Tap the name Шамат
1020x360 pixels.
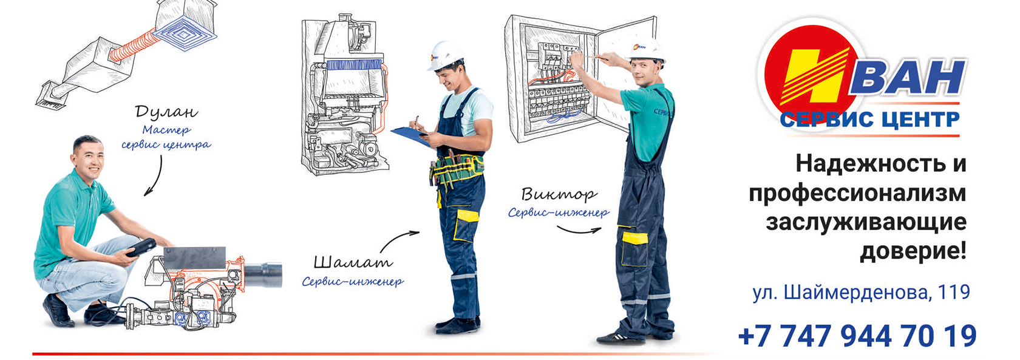(x=353, y=262)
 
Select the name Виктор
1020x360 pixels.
(x=559, y=194)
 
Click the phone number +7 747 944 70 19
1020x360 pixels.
(x=857, y=336)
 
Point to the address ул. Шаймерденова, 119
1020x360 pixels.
(x=861, y=292)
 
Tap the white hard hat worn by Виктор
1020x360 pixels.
(x=647, y=50)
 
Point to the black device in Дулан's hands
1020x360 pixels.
(x=141, y=248)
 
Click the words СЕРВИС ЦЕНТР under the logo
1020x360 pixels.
(x=869, y=120)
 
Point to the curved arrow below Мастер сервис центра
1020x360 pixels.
(x=154, y=175)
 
